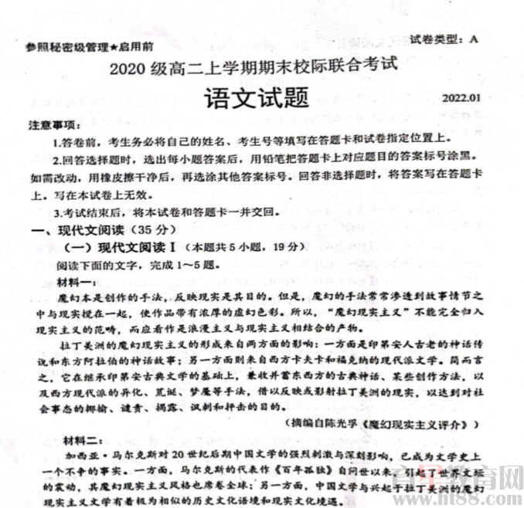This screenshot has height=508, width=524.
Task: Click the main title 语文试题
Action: (x=255, y=97)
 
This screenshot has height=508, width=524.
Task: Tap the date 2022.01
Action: (x=462, y=98)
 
